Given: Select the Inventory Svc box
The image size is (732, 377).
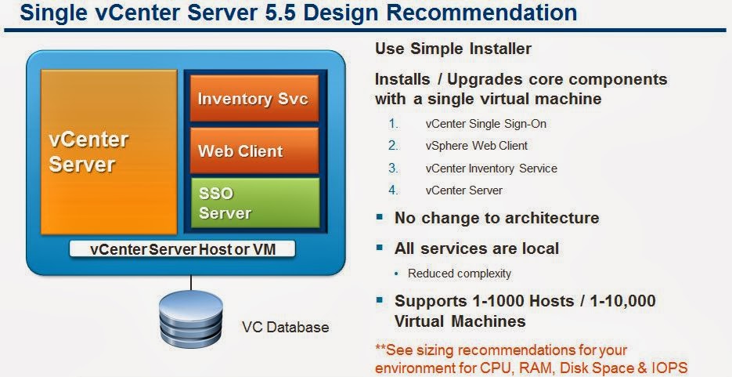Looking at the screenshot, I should (254, 99).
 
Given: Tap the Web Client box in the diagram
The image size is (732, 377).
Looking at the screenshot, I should (254, 150).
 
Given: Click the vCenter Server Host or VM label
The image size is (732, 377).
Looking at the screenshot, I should (182, 249).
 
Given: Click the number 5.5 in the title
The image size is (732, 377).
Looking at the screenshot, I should (288, 13).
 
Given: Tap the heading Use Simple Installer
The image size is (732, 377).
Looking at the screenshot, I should (453, 49).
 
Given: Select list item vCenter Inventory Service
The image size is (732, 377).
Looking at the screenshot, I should (492, 168).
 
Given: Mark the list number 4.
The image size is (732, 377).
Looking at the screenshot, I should (393, 190).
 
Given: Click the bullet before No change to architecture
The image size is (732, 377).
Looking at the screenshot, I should (380, 217).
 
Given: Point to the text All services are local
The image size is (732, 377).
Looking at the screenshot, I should (477, 248).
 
